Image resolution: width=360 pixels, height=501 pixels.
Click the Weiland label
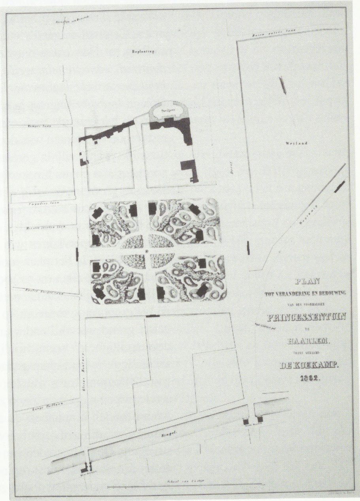pos(293,144)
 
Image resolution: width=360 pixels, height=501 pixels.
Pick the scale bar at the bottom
pos(185,484)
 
